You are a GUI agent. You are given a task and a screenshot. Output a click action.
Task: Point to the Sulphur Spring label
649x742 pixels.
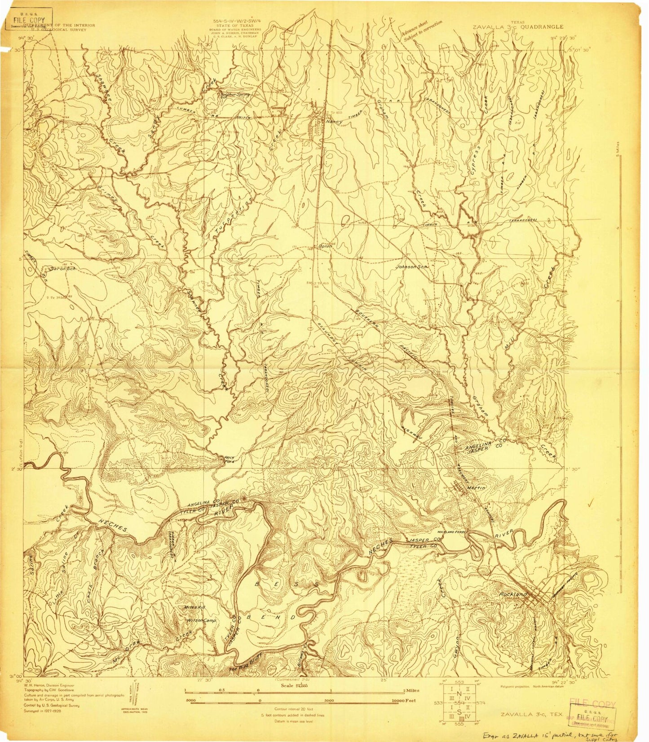(234, 95)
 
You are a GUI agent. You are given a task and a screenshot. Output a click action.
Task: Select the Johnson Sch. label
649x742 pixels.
(412, 267)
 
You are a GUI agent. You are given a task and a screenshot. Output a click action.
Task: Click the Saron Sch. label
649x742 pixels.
(62, 268)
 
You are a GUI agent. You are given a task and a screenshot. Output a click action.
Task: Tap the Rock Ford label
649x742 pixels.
(230, 460)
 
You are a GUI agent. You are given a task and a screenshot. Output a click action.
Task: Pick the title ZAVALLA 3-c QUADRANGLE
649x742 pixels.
(517, 26)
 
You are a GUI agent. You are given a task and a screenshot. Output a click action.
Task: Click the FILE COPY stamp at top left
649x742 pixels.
(29, 21)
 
